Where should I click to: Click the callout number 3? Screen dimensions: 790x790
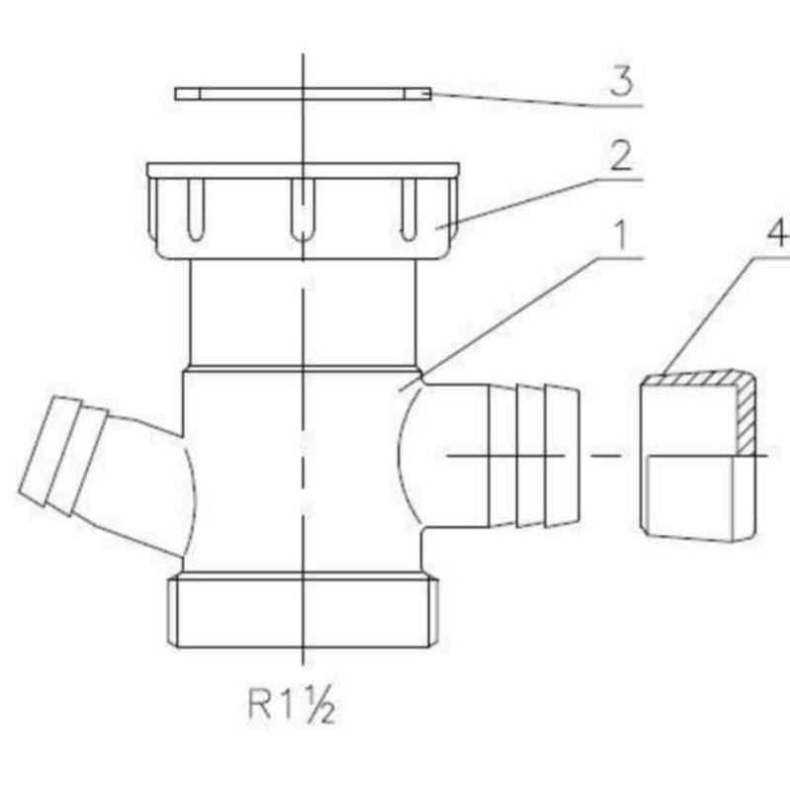pos(621,81)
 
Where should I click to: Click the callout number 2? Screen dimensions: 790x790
pos(621,156)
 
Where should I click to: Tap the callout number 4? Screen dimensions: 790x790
pos(778,234)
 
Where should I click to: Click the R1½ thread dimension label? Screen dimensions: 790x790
pos(292,704)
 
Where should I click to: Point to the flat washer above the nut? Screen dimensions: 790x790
pos(303,94)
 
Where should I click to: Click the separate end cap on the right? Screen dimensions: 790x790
pos(698,456)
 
